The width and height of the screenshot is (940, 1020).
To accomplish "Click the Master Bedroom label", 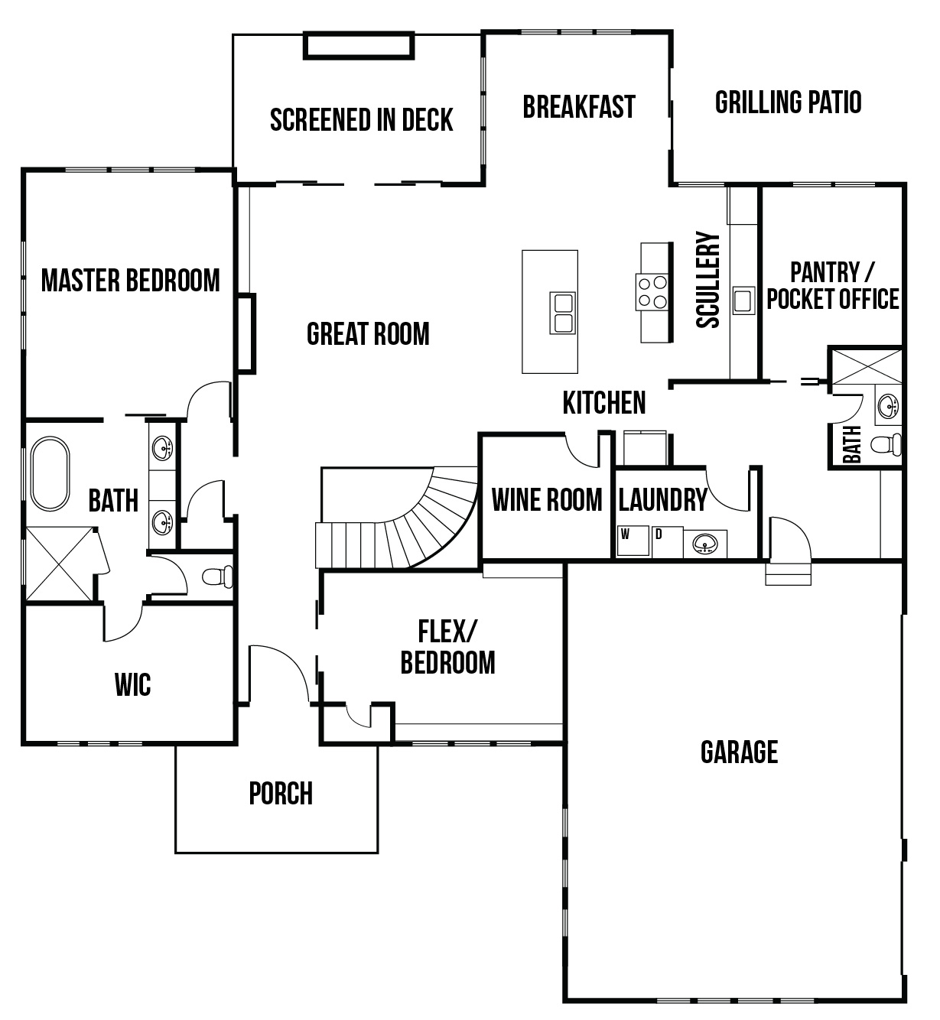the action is point(130,281).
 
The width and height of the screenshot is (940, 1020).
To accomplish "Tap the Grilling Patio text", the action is point(788,102).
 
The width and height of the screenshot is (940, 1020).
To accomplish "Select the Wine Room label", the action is point(546,500).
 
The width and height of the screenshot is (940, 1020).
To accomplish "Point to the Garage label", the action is point(739,752).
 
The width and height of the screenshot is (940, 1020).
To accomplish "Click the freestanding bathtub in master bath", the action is point(50,474).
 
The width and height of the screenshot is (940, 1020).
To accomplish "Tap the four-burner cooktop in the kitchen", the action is point(652,291).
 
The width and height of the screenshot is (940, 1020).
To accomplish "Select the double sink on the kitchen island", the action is point(562,313).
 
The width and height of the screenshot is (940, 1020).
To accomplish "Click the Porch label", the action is point(281,794).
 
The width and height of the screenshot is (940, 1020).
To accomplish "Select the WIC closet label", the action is point(132,684).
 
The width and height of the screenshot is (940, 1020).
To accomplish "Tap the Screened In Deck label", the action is point(361,120).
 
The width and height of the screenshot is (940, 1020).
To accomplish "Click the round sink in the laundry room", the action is point(704,544).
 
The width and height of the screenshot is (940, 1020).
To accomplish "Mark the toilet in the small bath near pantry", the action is point(888,444).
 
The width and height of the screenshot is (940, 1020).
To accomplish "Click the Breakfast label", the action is point(579,107).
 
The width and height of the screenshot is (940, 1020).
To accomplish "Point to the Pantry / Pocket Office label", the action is point(832,285).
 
